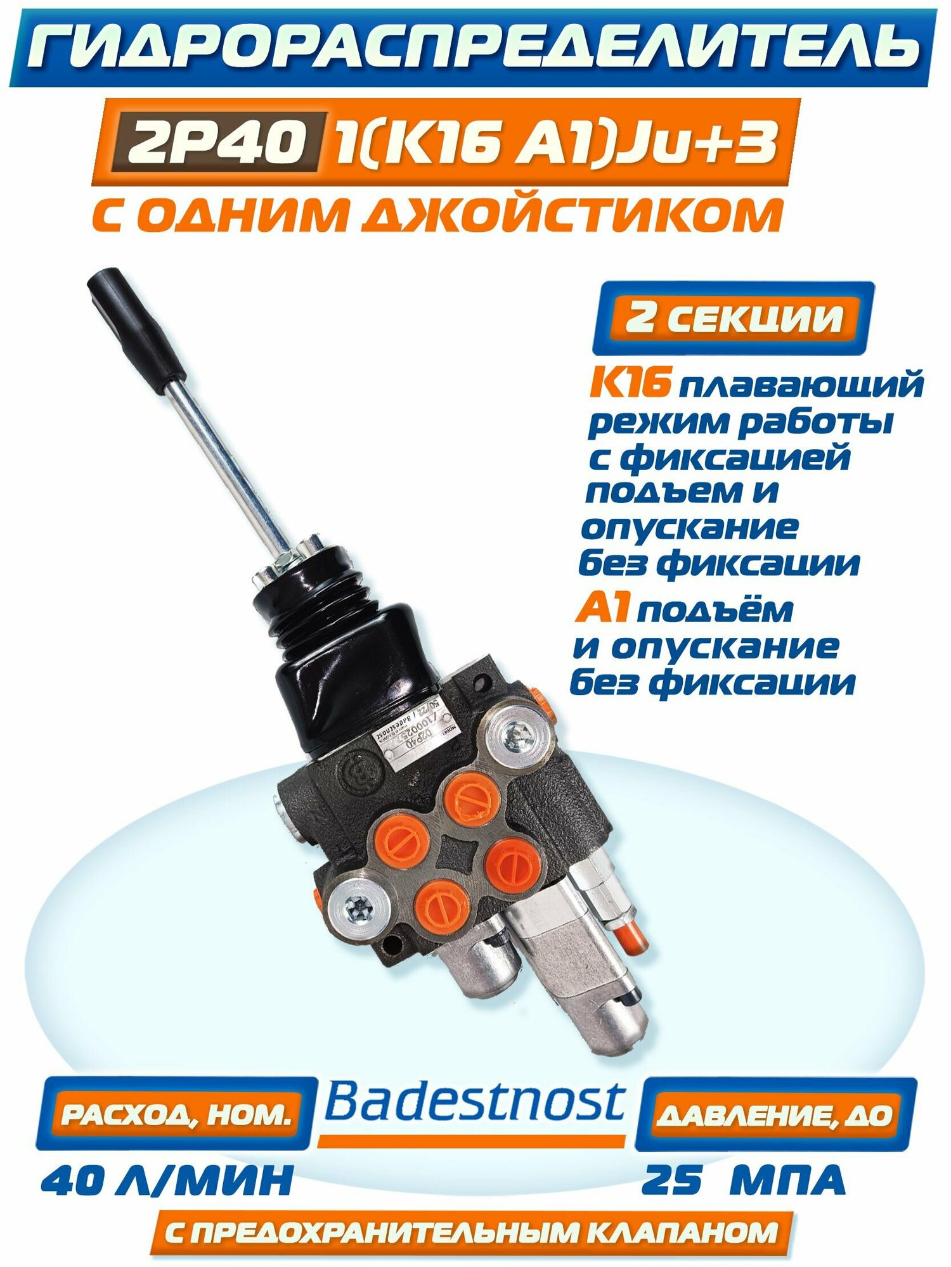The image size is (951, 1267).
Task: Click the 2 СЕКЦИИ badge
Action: coord(734,317)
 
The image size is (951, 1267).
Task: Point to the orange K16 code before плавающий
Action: coord(629,383)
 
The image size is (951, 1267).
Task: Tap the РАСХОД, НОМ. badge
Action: coord(176,1114)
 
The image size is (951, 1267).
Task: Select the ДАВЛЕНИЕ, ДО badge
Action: coord(775,1115)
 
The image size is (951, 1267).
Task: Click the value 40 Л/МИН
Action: coord(166,1180)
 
